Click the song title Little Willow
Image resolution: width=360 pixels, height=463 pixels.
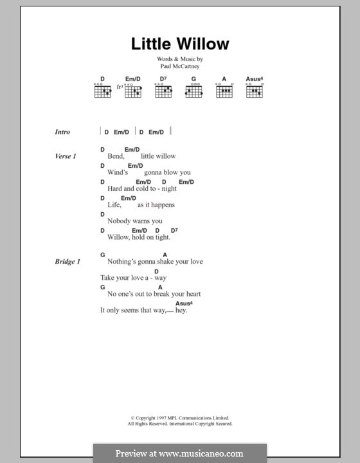[180, 44]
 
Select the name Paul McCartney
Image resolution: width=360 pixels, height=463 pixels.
[180, 66]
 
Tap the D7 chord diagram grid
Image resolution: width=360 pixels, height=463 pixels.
[163, 91]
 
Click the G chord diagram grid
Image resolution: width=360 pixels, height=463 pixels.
[194, 91]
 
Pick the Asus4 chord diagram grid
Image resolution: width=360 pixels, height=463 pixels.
[255, 91]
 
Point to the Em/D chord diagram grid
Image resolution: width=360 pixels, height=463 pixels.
[133, 91]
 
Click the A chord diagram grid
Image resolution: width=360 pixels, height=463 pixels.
[224, 91]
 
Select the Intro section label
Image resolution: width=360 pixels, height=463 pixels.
[62, 132]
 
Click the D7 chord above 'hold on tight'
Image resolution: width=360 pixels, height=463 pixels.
[174, 230]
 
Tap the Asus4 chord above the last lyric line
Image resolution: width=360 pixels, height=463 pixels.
[184, 303]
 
